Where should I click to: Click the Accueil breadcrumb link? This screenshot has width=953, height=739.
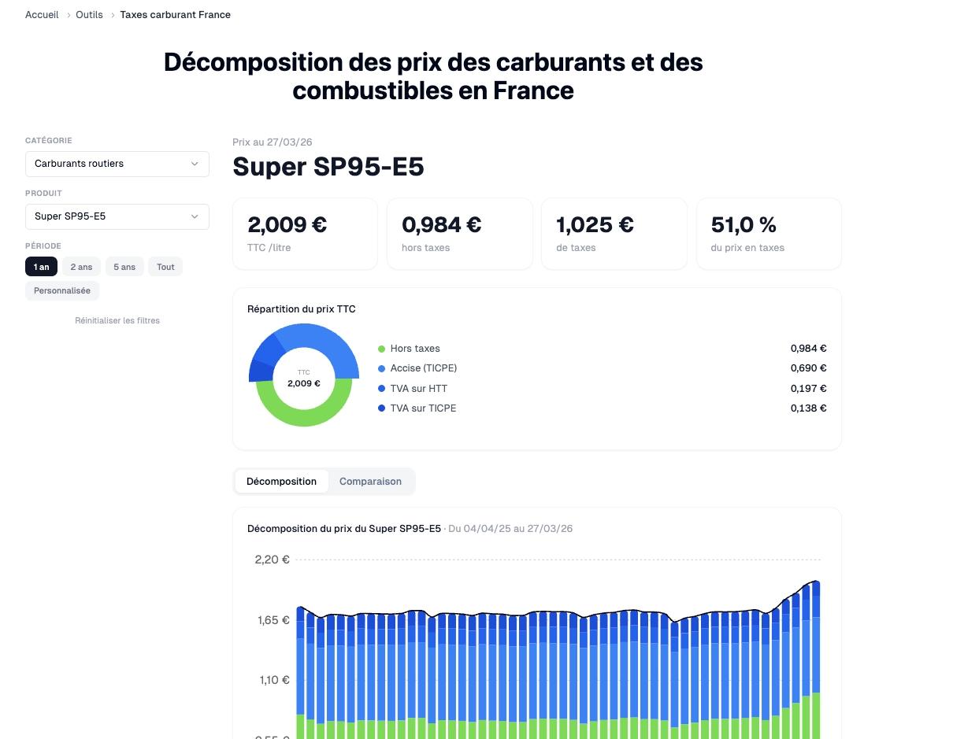pos(42,15)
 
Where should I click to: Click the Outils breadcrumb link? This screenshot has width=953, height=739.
pos(89,15)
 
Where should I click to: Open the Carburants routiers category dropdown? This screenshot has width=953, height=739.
pos(117,164)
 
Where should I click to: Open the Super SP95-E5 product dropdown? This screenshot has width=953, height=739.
pos(117,216)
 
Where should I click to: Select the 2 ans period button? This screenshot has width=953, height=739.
pos(81,267)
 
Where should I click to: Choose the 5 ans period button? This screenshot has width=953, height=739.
pos(124,267)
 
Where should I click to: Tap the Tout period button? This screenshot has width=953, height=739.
pos(165,267)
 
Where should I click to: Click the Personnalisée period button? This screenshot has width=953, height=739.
pos(62,290)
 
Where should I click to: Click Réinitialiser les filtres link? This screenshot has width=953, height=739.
pos(117,320)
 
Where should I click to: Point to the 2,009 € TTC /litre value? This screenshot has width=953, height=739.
pos(287,225)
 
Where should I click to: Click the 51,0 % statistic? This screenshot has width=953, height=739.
pos(743,225)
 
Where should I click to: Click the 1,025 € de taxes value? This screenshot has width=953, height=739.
pos(595,225)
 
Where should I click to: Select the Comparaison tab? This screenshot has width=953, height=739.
pos(370,482)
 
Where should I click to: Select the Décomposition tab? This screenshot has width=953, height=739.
pos(281,482)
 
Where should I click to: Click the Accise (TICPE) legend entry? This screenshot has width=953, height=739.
pos(423,368)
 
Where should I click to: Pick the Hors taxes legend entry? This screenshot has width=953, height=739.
pos(414,349)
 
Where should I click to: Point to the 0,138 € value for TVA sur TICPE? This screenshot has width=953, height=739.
pos(808,408)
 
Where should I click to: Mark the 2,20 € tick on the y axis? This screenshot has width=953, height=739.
pos(272,560)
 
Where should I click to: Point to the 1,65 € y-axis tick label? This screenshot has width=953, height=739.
pos(273,620)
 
